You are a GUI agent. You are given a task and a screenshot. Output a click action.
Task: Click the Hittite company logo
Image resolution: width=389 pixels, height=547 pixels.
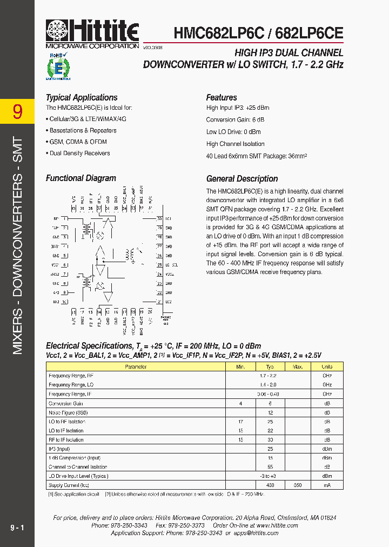[x=92, y=34]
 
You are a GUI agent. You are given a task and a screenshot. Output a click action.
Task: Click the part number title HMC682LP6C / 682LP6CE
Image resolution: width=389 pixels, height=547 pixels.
[x=258, y=33]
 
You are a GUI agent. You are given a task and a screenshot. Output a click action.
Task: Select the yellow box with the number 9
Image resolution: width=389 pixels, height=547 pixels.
[x=17, y=111]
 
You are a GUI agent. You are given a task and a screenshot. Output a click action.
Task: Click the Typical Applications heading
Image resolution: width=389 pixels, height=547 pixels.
[x=82, y=98]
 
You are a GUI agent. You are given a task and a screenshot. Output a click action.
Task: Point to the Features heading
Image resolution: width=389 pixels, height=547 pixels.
[x=222, y=98]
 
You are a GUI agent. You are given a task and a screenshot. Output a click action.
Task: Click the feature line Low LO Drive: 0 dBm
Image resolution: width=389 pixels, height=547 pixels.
[x=233, y=132]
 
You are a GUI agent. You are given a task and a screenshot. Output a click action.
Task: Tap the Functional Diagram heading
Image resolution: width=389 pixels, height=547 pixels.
[x=81, y=178]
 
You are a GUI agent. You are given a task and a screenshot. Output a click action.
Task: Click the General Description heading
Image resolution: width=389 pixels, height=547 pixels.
[x=242, y=179]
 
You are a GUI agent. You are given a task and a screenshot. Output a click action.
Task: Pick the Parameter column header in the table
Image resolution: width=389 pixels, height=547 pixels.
[x=136, y=366]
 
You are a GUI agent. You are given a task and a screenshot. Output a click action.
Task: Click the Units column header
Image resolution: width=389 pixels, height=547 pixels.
[x=327, y=366]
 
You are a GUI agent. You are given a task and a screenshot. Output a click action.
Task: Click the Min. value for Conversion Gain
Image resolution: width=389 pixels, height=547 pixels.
[x=240, y=403]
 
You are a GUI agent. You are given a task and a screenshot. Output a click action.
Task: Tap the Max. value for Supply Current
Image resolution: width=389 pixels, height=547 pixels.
[x=297, y=485]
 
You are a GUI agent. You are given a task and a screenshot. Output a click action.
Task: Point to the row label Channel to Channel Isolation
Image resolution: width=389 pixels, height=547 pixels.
[x=78, y=467]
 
